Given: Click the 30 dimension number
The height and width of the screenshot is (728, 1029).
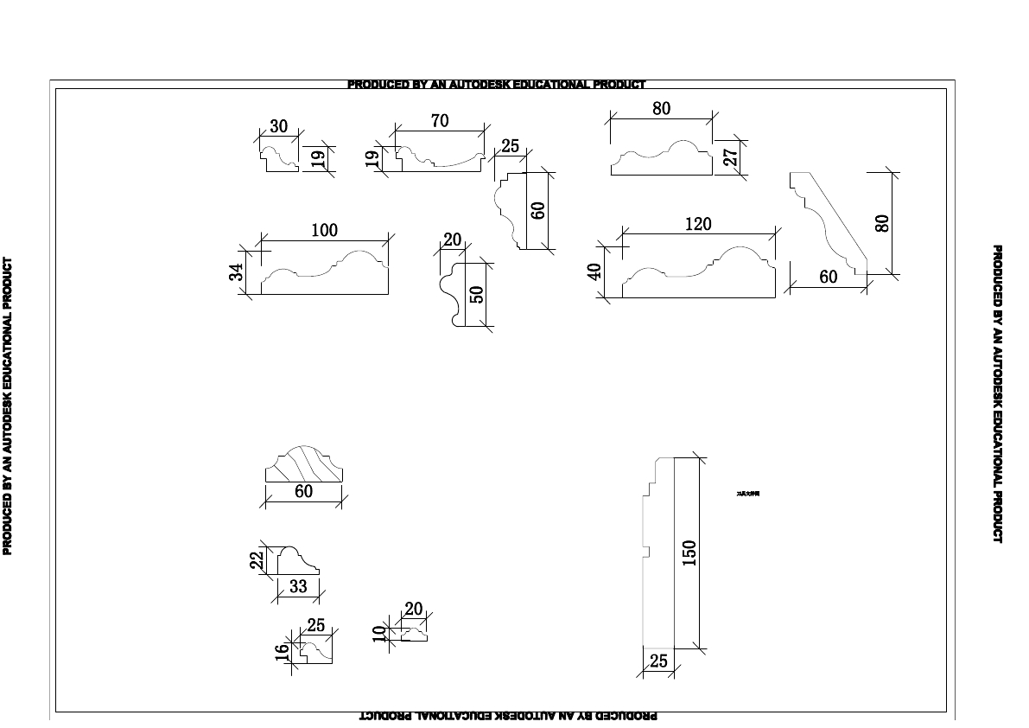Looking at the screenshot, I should [278, 126].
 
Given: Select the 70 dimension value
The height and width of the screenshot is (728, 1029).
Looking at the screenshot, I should [440, 121].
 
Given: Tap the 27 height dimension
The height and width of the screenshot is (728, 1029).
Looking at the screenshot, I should [731, 157].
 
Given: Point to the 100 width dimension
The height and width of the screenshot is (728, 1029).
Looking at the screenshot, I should [324, 231].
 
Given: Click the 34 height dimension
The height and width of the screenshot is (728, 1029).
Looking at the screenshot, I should [236, 272].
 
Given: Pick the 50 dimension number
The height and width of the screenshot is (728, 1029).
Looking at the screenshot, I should [476, 294].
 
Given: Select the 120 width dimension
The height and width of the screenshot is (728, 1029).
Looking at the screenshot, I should [697, 225].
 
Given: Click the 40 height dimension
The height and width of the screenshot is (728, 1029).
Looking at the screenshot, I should [594, 272].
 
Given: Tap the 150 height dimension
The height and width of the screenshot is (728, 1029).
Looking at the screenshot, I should [689, 552].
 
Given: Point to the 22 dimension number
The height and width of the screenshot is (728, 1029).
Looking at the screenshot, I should [257, 560].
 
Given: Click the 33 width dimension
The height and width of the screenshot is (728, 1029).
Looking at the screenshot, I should [298, 586].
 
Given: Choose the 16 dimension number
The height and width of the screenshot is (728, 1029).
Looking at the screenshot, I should [282, 653].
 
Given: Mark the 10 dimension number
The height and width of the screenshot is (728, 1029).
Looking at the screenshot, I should [378, 634].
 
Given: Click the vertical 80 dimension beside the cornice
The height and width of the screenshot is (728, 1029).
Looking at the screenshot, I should [882, 223].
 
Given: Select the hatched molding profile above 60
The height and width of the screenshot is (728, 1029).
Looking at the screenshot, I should [303, 465].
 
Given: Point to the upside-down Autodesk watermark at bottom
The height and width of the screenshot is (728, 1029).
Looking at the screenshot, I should [508, 716].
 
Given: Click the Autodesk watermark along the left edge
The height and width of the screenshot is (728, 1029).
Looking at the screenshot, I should [8, 406].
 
